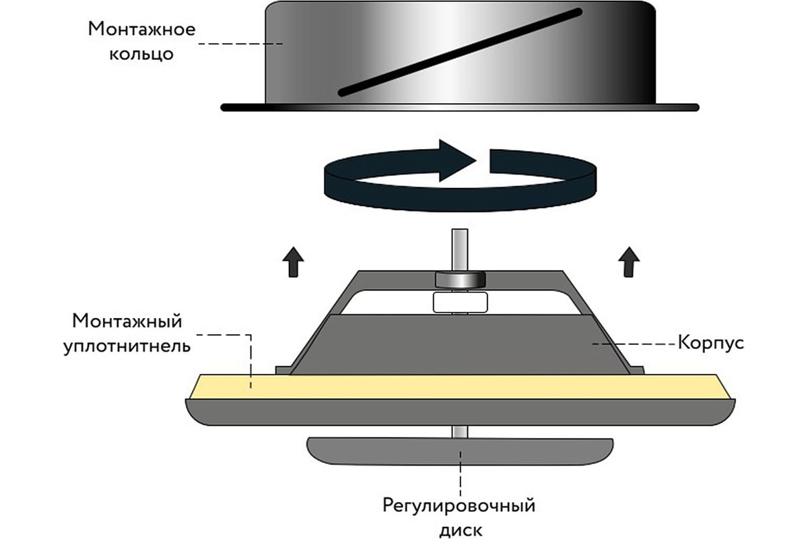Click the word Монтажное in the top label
point(141,30)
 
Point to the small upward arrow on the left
point(292,261)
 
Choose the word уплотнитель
point(127,346)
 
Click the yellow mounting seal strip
point(458,387)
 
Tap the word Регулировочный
point(459,505)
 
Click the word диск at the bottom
point(459,529)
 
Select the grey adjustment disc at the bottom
point(459,451)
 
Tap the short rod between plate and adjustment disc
point(460,431)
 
